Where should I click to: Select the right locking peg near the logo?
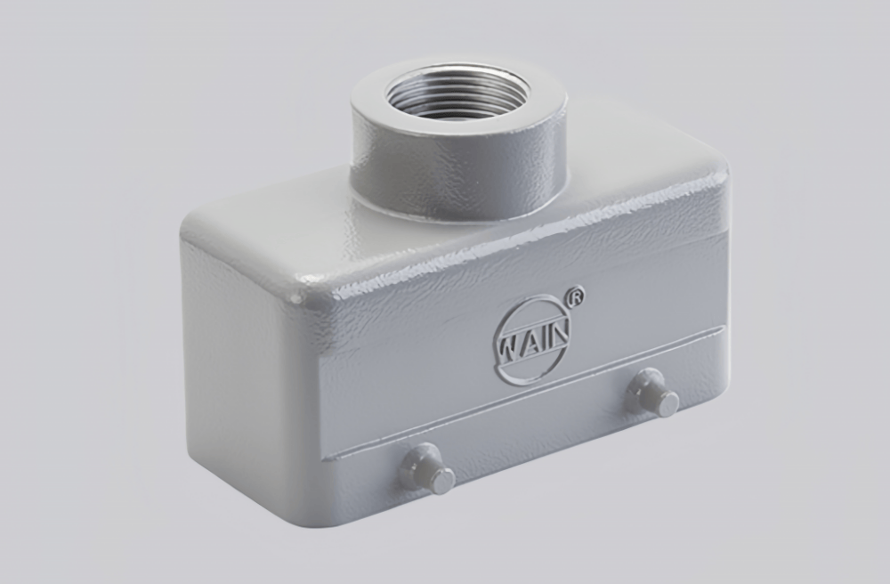651,393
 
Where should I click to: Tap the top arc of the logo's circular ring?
534,302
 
